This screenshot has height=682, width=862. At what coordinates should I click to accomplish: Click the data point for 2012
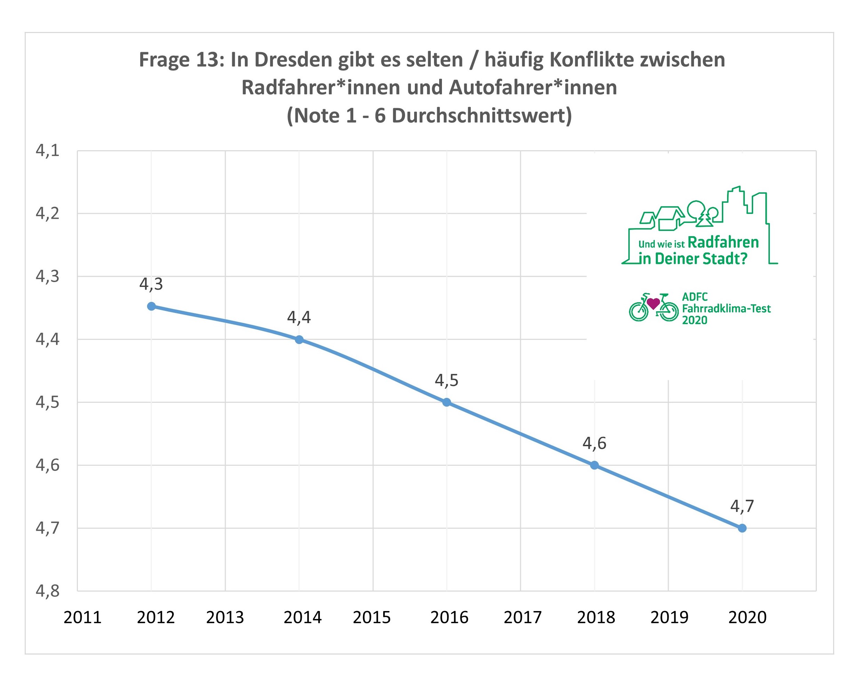[151, 306]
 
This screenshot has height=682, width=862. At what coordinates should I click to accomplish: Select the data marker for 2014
[299, 340]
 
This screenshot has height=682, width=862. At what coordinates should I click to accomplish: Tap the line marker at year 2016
[447, 402]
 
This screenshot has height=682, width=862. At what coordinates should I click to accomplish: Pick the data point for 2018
[594, 465]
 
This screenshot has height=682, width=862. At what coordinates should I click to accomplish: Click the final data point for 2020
[742, 528]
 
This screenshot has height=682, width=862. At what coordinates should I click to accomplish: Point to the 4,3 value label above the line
[151, 284]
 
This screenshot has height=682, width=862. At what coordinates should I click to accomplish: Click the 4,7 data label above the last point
[742, 506]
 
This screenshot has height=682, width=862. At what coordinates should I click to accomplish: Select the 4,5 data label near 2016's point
[446, 380]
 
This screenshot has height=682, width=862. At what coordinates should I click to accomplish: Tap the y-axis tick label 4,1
[48, 151]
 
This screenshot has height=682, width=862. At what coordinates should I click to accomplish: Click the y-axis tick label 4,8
[48, 591]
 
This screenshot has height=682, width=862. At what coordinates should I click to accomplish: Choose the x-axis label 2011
[83, 617]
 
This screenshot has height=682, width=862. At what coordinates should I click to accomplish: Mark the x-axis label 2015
[372, 617]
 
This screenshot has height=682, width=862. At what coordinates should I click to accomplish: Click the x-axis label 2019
[670, 617]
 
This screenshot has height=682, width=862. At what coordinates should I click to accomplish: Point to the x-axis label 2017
[523, 617]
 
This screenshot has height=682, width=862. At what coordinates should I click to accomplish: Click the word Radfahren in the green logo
[723, 242]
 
